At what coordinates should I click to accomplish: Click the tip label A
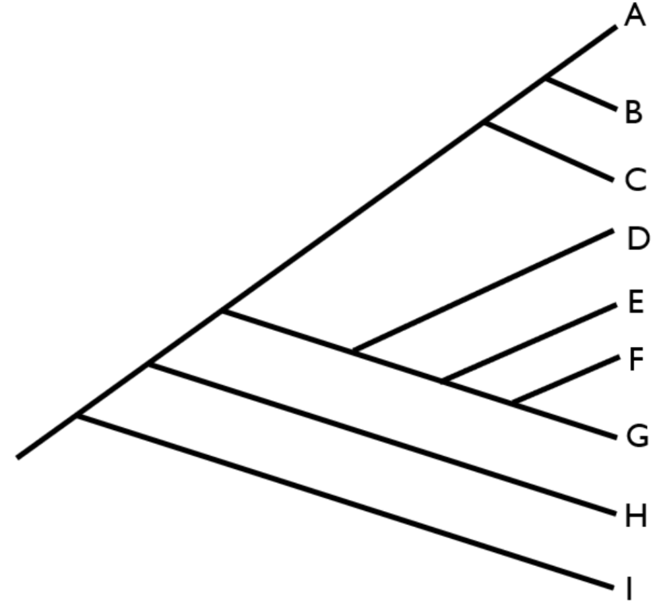[634, 15]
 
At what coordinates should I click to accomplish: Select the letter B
[633, 113]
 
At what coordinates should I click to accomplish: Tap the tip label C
[635, 180]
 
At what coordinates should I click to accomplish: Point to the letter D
[637, 239]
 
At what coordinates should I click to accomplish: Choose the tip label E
[635, 303]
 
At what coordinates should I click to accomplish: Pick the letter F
[635, 360]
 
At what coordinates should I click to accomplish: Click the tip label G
[637, 436]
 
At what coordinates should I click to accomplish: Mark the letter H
[635, 516]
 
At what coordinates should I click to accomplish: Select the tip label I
[629, 589]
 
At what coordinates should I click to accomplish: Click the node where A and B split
[546, 79]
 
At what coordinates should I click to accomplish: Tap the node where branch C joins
[485, 123]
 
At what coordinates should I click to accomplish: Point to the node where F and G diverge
[514, 402]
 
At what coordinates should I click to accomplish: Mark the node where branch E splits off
[443, 380]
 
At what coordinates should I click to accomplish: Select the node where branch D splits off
[355, 351]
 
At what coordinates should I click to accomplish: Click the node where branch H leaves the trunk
[150, 365]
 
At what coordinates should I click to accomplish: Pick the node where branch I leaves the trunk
[79, 416]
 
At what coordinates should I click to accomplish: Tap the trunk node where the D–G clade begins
[223, 311]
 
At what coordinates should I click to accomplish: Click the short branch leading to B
[581, 94]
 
